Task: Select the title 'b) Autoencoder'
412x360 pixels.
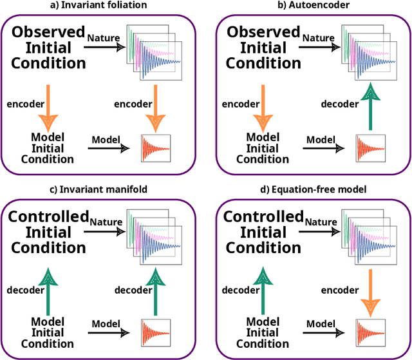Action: point(314,6)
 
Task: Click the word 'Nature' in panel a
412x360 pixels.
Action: point(104,38)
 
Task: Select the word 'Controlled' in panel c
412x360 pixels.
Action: point(48,216)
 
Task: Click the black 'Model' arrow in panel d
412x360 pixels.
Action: point(326,331)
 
